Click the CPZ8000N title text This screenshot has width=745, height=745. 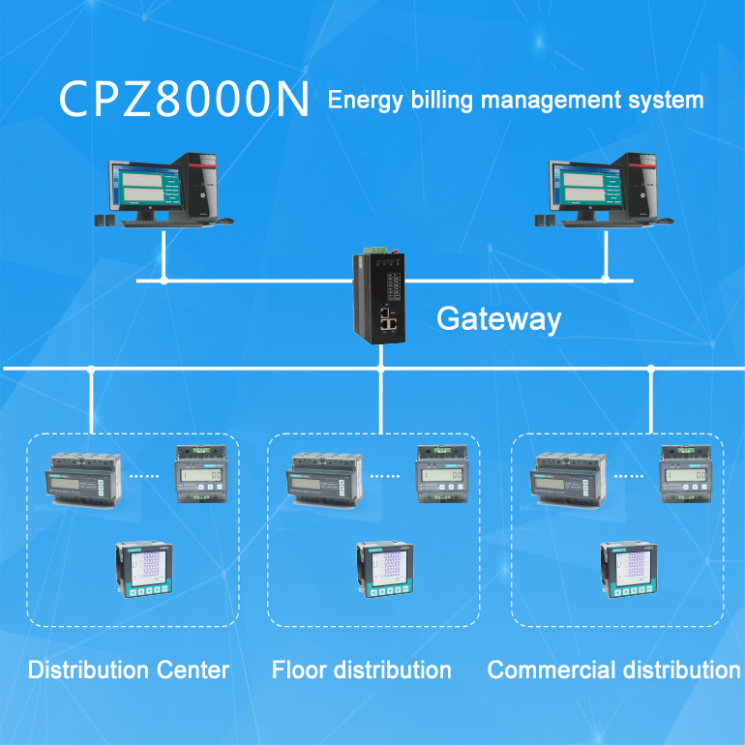pos(184,101)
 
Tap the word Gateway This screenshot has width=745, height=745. pos(498,318)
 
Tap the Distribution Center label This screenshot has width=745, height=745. pos(129,670)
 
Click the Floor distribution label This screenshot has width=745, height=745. pos(361,670)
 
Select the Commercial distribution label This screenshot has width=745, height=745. pos(613,670)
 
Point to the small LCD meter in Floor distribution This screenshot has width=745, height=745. pos(444,474)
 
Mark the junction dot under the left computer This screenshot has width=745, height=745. pos(164,281)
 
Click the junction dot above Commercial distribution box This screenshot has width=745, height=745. pos(651,369)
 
